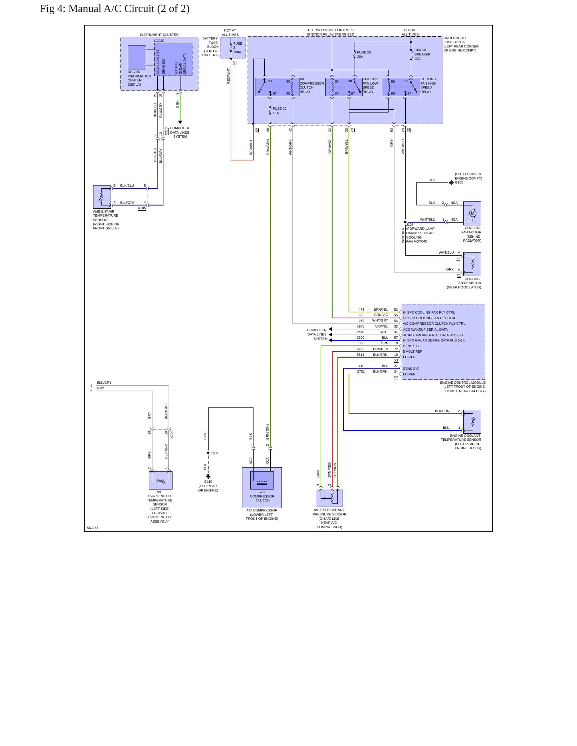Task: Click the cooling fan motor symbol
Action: [472, 213]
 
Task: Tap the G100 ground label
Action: [459, 182]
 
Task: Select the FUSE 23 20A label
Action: [364, 55]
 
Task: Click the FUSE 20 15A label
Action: [280, 111]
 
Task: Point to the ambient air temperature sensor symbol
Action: [102, 197]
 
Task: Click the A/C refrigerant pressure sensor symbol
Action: [329, 497]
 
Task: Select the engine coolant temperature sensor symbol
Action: [472, 422]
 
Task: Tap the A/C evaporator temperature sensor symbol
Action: [161, 480]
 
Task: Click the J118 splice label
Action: [214, 453]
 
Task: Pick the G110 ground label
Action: [208, 482]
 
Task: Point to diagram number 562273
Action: [93, 528]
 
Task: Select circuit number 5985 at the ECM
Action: [361, 326]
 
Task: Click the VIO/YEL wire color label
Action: [381, 326]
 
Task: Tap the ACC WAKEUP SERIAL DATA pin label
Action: [425, 330]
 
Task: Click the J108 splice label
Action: [410, 225]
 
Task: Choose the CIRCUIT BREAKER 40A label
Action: [422, 54]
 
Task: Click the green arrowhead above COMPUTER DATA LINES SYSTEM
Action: [180, 122]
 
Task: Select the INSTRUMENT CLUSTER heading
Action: [159, 35]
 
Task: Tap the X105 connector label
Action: [142, 208]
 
